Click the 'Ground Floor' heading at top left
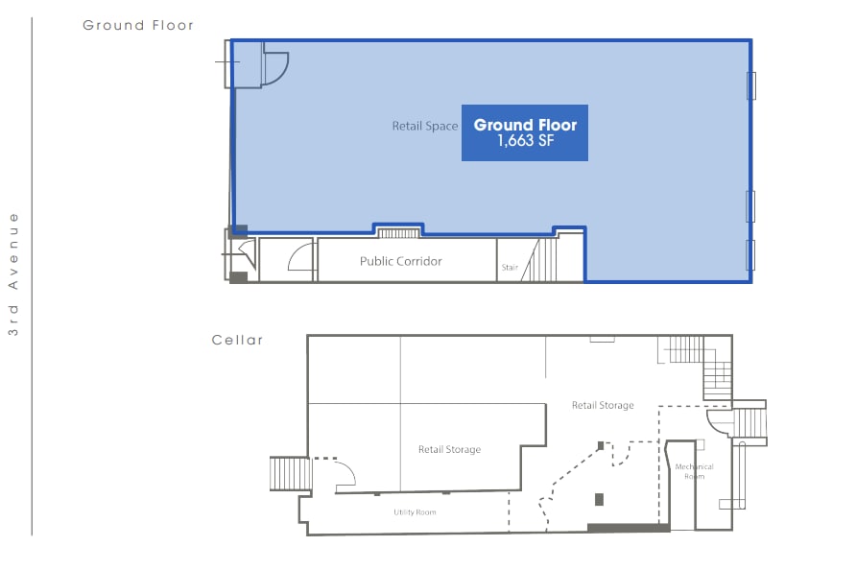[x=138, y=26]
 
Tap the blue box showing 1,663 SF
[x=524, y=132]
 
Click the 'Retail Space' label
[x=424, y=127]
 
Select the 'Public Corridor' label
[x=400, y=261]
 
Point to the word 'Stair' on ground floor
[x=510, y=268]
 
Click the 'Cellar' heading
[x=237, y=341]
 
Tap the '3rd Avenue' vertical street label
[x=13, y=273]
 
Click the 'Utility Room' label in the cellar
[x=415, y=512]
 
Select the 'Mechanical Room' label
[x=694, y=471]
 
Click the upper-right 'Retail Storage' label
[x=603, y=406]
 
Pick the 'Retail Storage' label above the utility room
[x=449, y=449]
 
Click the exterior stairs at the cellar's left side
[x=289, y=473]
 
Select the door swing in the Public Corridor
[x=300, y=257]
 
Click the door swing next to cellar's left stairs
[x=344, y=470]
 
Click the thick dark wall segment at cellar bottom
[x=628, y=527]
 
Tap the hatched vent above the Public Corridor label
[x=398, y=232]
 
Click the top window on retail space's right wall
[x=751, y=86]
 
